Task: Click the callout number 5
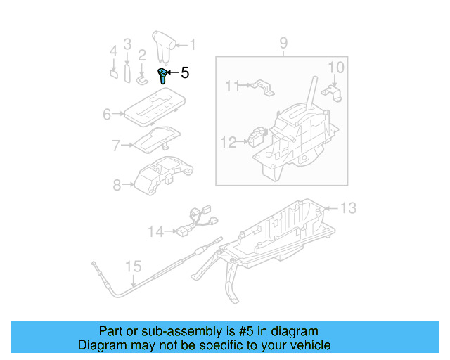[185, 72]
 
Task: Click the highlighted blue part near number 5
[163, 75]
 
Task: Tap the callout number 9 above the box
[283, 44]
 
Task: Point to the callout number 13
[349, 207]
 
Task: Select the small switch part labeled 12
[257, 136]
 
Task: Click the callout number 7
[117, 146]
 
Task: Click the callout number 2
[141, 54]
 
